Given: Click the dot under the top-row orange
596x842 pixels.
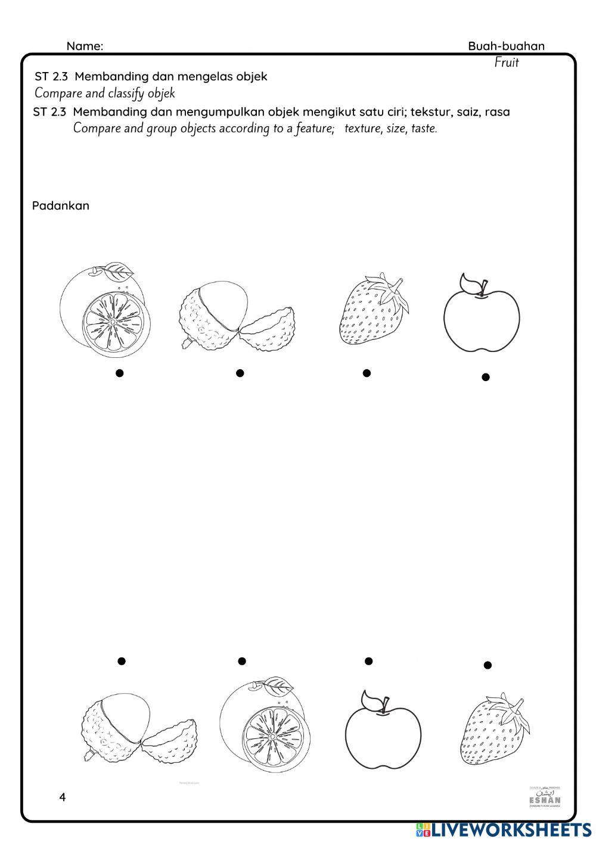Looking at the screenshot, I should click(119, 373).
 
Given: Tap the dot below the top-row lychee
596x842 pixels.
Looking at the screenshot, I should click(240, 373).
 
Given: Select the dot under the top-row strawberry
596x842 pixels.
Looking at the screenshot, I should click(367, 373).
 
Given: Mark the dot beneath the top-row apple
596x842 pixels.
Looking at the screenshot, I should click(486, 377).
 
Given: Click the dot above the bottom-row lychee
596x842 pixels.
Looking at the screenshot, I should click(121, 661).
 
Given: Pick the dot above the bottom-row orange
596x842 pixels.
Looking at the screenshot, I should click(241, 661).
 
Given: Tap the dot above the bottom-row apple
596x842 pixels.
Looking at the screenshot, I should click(368, 661).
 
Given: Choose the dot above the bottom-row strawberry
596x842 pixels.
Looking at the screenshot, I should click(488, 665).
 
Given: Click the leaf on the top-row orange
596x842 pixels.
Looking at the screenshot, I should click(117, 272).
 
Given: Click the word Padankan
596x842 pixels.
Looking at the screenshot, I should click(60, 206).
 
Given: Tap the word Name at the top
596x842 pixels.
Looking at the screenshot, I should click(84, 46).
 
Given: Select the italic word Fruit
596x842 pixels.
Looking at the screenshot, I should click(507, 63).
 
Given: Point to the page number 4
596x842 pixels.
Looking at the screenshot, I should click(62, 797).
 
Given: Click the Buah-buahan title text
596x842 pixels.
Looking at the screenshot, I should click(506, 46).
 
